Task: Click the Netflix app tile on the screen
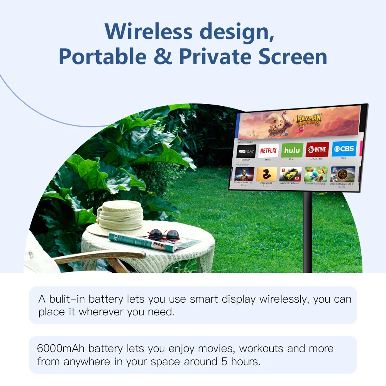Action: [x=268, y=151]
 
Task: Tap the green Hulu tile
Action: [x=292, y=150]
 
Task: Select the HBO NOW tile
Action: [x=246, y=151]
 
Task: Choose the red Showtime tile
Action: [x=317, y=149]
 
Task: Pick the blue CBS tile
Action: [x=344, y=149]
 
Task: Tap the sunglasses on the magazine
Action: [x=163, y=235]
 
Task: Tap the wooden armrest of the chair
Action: [x=100, y=257]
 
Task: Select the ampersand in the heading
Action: [x=163, y=56]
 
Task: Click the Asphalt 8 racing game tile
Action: [x=290, y=174]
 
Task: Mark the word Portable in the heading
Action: [x=103, y=56]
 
